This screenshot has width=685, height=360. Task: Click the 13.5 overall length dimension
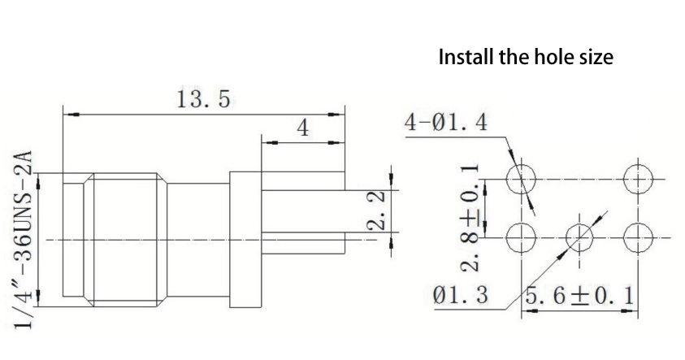[202, 100]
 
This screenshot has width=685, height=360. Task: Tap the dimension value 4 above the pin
[301, 129]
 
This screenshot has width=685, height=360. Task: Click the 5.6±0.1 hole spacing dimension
[579, 294]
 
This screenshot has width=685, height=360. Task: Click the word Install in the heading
[466, 58]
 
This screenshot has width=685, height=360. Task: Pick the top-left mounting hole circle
[520, 179]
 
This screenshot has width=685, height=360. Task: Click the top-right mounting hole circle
[637, 179]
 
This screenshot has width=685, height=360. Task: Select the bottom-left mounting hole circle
[520, 237]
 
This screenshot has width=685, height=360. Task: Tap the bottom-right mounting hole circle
[637, 237]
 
